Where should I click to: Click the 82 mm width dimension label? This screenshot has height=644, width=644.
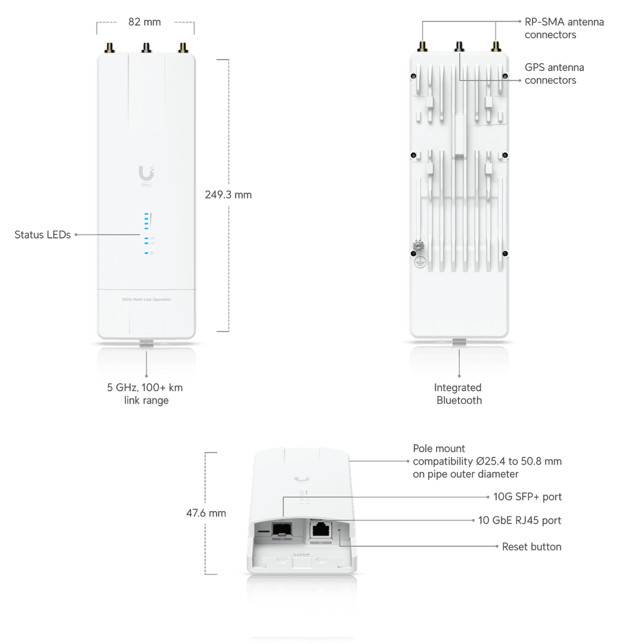coord(145,22)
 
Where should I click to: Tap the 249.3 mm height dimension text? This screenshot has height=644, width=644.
coord(228,195)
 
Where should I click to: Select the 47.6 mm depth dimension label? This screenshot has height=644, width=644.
coord(206,513)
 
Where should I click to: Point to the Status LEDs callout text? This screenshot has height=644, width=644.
coord(42,235)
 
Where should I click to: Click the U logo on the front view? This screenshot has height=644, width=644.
coord(145,174)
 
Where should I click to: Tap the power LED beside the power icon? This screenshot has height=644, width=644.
coord(145,253)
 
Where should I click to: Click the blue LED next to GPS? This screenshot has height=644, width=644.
coord(145,239)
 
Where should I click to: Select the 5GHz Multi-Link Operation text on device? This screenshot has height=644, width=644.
coord(146,299)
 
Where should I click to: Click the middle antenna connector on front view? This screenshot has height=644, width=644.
coord(145,47)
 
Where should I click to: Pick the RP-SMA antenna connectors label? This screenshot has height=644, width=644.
coord(564,29)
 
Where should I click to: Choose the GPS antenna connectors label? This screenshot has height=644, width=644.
coord(554,74)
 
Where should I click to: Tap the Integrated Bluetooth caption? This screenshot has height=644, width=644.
coord(459,394)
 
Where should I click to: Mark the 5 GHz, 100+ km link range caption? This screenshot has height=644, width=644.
coord(145,394)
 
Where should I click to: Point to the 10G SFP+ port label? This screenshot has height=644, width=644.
coord(527,497)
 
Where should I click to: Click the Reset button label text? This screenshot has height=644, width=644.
coord(531,546)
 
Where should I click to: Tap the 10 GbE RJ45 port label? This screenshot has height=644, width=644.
coord(519,521)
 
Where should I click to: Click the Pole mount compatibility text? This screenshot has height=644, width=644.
coord(487,461)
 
